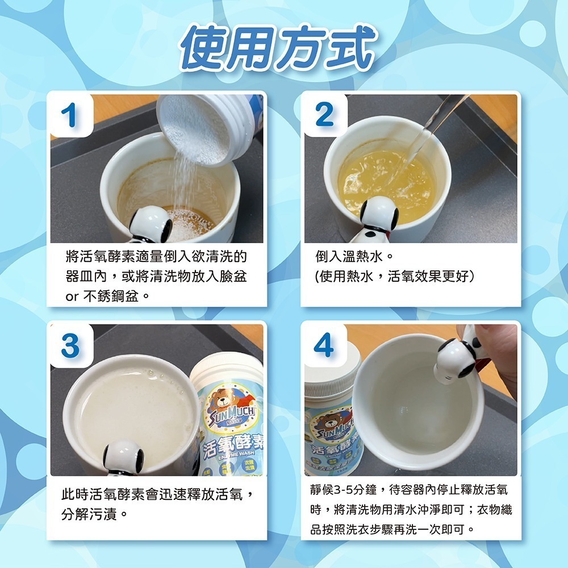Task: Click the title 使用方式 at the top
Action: coord(278,48)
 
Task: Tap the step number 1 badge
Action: coord(72,116)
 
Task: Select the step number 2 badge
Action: coord(324,115)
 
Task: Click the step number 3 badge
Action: coord(71,346)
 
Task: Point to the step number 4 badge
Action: coord(324,346)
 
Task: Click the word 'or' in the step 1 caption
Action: coord(73,296)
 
